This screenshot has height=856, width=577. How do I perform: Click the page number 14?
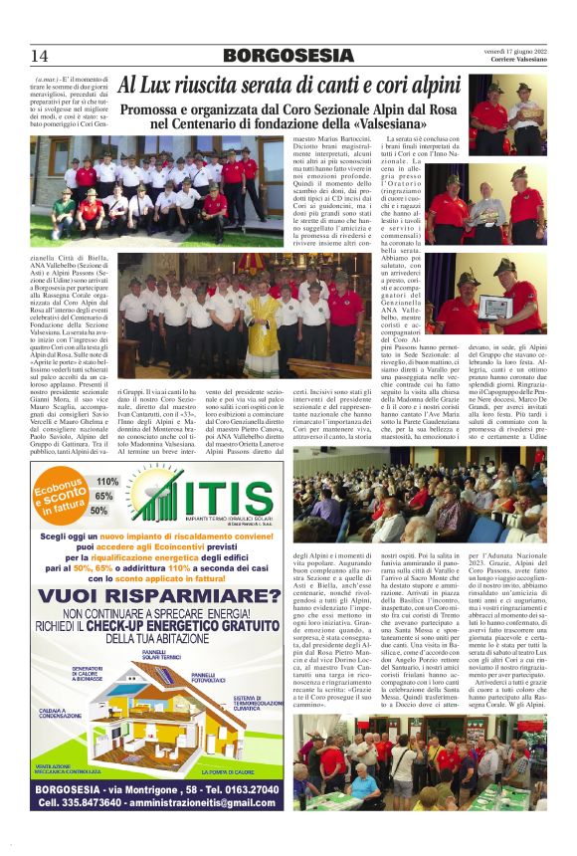click(x=40, y=56)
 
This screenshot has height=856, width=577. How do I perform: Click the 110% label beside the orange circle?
click(x=106, y=481)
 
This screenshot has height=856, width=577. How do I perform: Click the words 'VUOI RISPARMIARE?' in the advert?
click(x=159, y=596)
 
